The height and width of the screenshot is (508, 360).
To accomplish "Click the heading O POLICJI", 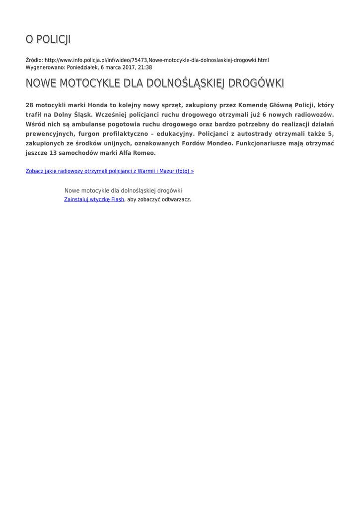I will click(48, 39).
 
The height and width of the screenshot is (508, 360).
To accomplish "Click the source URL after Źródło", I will click(156, 60).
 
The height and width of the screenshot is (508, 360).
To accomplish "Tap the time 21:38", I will click(144, 67).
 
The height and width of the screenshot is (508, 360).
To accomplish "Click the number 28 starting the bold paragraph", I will click(29, 106).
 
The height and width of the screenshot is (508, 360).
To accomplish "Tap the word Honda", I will click(98, 106).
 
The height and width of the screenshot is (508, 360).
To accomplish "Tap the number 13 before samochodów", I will click(54, 153).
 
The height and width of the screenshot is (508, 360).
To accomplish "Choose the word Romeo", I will click(144, 153).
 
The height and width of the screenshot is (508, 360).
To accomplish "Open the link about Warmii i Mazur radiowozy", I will click(110, 171).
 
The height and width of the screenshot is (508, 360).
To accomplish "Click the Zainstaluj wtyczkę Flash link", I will click(94, 199).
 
